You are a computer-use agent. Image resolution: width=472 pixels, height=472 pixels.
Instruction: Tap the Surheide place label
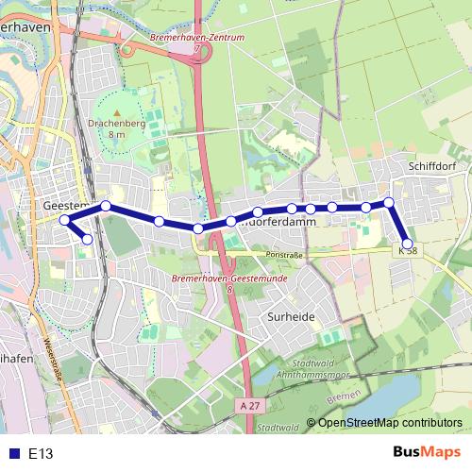pyautogui.click(x=290, y=317)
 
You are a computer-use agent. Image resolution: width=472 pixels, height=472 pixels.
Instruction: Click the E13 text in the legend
pyautogui.click(x=41, y=453)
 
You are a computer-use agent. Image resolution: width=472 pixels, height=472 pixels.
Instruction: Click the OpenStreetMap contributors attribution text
pyautogui.click(x=391, y=423)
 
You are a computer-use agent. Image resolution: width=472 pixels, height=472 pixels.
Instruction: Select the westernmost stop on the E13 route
pyautogui.click(x=65, y=220)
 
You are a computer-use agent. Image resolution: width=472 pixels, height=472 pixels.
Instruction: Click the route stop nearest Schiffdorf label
pyautogui.click(x=388, y=202)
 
